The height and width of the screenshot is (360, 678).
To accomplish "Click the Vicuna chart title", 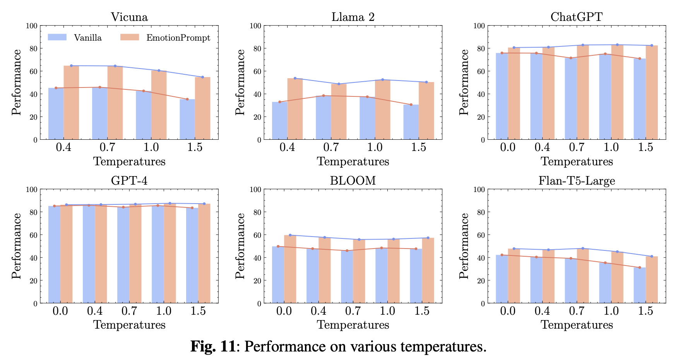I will tap(129, 17).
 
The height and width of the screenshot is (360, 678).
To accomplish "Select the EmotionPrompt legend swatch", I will tap(130, 37).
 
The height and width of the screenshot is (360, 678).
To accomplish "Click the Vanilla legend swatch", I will tap(57, 37).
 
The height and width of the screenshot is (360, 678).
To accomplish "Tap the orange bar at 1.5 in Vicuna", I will tap(202, 108).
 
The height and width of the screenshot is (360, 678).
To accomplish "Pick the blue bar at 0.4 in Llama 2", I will tap(279, 121).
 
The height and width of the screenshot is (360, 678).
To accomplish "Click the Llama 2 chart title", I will tap(353, 17).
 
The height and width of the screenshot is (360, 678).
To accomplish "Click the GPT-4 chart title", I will tap(129, 181).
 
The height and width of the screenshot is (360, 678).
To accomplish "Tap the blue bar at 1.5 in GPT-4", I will tap(192, 255).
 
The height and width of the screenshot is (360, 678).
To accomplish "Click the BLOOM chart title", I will tap(353, 181).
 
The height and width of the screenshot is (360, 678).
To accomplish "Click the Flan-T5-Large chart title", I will tap(577, 181).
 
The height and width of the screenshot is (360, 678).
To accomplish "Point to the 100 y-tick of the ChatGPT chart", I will tap(479, 26).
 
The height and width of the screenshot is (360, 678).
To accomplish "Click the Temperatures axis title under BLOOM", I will tap(353, 325).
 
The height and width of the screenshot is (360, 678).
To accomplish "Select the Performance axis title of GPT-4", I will tap(16, 246).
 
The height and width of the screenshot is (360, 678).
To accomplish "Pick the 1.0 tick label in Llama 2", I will tap(375, 147).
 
